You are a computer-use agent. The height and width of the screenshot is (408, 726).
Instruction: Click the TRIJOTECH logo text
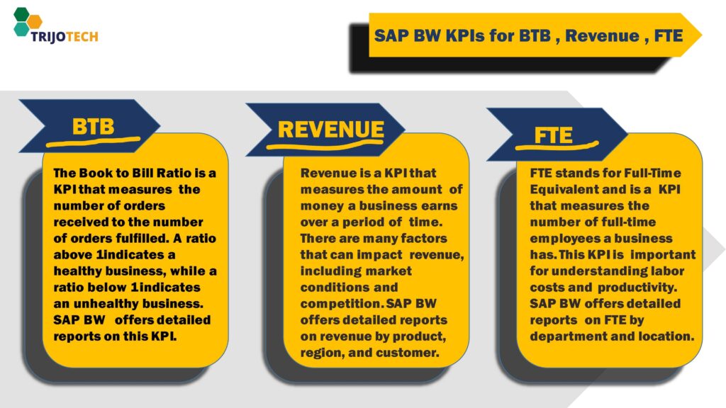point(65,37)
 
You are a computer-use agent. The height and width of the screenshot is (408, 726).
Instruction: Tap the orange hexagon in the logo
point(35,21)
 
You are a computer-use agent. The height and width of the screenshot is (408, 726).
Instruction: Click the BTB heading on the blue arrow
point(93,126)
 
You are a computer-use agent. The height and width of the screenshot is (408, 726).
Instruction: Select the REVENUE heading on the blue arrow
point(330,130)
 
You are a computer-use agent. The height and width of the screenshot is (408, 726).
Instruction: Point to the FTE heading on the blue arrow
point(553,135)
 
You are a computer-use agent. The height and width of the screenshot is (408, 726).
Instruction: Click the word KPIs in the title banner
point(464,35)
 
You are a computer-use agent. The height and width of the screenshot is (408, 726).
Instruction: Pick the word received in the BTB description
point(82,222)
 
